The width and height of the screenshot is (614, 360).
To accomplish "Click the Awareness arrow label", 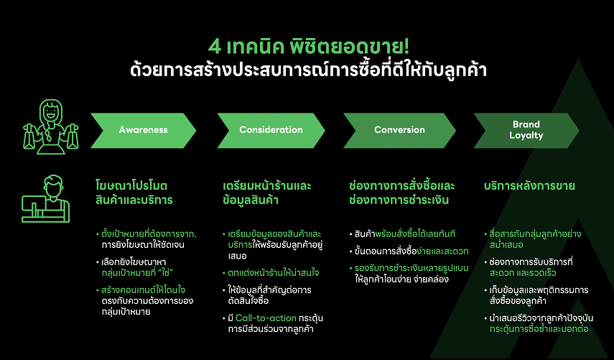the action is click(144, 130).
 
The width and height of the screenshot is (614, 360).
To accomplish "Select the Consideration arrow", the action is click(271, 131).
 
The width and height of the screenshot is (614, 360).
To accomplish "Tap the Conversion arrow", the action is click(399, 131).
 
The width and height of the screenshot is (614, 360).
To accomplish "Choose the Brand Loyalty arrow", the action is click(526, 131).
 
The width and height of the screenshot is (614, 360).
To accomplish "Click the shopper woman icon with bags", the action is click(51, 126).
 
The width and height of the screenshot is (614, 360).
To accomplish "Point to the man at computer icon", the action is click(46, 199).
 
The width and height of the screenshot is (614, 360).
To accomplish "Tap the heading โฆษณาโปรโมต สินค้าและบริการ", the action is click(134, 193).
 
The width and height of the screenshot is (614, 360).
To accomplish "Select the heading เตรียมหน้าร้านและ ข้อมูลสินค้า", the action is click(267, 193).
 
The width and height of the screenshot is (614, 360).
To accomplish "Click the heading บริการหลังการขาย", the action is click(529, 185).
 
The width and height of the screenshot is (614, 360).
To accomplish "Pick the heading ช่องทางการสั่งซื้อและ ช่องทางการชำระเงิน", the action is click(401, 193).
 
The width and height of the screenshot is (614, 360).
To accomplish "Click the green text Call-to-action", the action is click(266, 318).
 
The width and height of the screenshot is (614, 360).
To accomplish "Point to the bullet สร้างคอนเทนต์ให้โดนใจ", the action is click(144, 290).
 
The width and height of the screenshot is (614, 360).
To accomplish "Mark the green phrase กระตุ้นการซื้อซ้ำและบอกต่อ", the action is click(539, 329).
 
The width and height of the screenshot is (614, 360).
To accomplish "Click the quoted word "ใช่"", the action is click(165, 272).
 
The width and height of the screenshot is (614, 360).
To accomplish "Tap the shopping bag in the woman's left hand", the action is click(73, 137).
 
